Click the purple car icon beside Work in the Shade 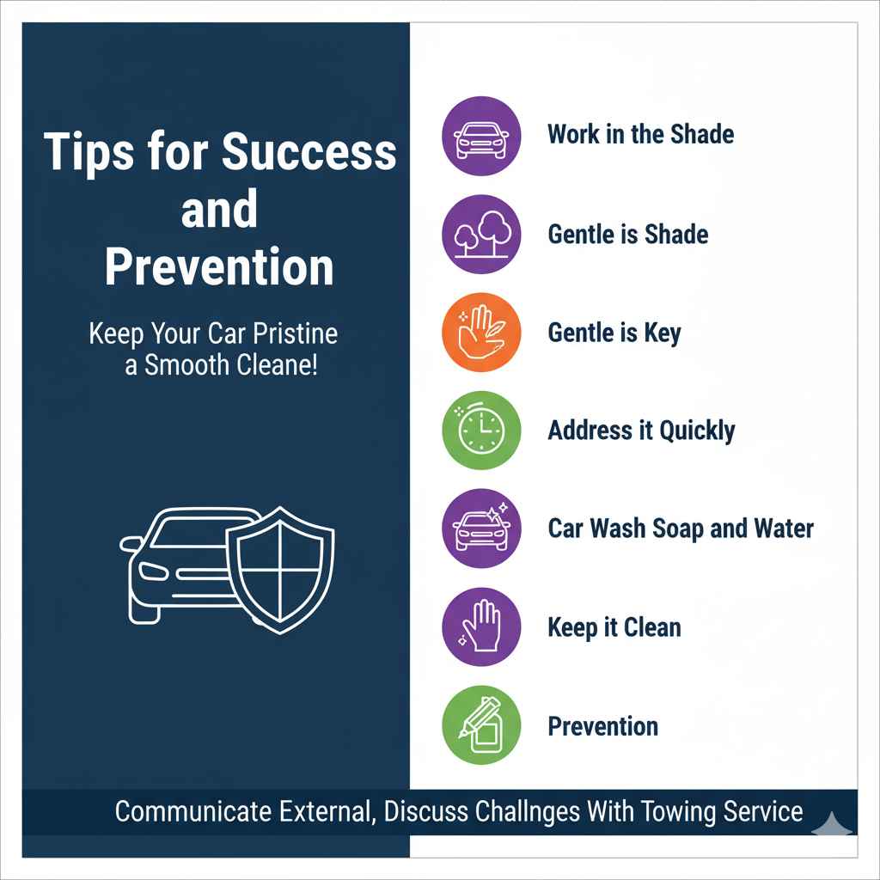[481, 136]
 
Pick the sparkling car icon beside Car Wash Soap [481, 529]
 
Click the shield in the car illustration [279, 567]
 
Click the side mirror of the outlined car [131, 544]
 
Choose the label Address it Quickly [641, 431]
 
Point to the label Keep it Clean [614, 627]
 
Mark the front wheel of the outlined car [147, 611]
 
